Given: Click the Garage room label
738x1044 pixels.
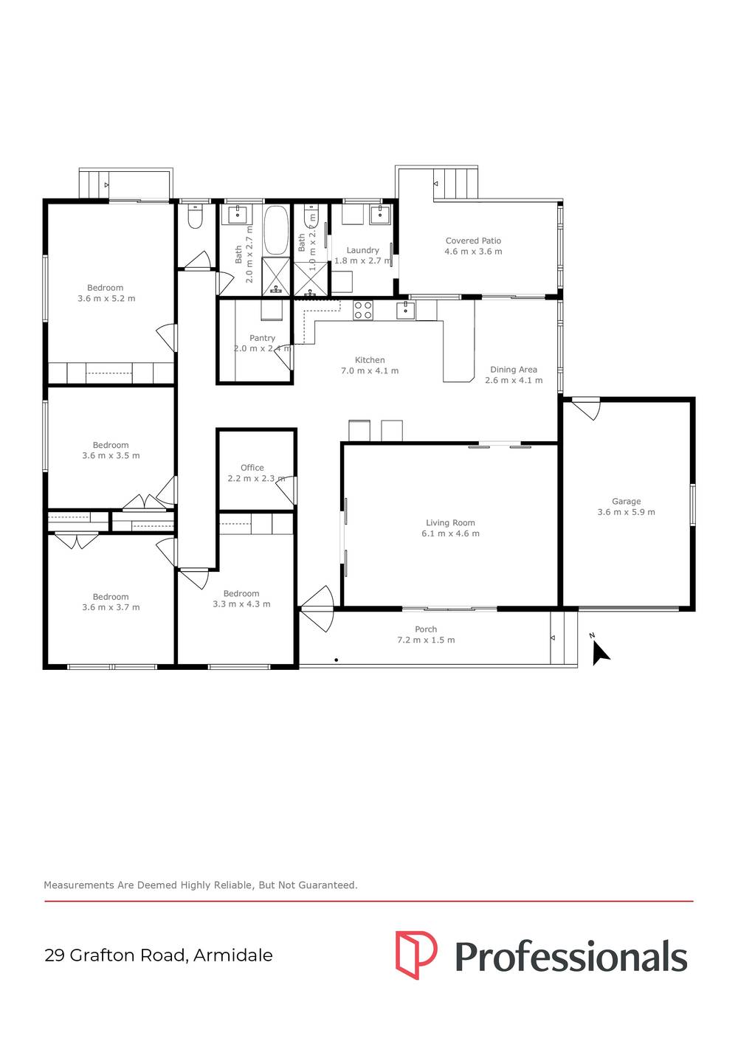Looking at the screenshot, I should coord(626,501).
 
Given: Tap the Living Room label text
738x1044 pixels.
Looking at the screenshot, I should coord(450,522).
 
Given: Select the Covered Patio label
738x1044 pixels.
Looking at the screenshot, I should coord(473,241).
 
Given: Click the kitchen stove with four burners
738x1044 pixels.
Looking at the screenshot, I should coord(362,310).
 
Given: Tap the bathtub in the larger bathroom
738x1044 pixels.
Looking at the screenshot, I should coord(276,229).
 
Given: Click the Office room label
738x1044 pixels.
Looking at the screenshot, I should coord(252,467).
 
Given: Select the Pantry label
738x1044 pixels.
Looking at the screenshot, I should coord(262,338).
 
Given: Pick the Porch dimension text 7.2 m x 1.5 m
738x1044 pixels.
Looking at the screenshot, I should coord(426,640).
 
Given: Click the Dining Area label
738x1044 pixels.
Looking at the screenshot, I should coord(514,370).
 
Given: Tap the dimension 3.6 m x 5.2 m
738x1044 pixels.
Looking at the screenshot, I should coord(106,299).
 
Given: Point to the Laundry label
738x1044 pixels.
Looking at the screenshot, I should coord(362,250).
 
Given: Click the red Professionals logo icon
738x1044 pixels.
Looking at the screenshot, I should coord(415,955).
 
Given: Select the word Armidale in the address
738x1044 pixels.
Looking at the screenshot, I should coord(233,955).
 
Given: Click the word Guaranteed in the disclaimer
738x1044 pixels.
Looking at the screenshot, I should coord(327,885).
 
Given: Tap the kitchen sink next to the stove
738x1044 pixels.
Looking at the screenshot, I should coord(405,310).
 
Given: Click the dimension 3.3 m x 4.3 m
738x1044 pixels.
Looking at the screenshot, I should coord(241,604).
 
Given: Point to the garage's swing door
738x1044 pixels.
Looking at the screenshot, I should coord(587,408).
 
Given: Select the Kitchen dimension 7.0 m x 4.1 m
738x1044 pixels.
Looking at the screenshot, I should coord(370,371).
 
